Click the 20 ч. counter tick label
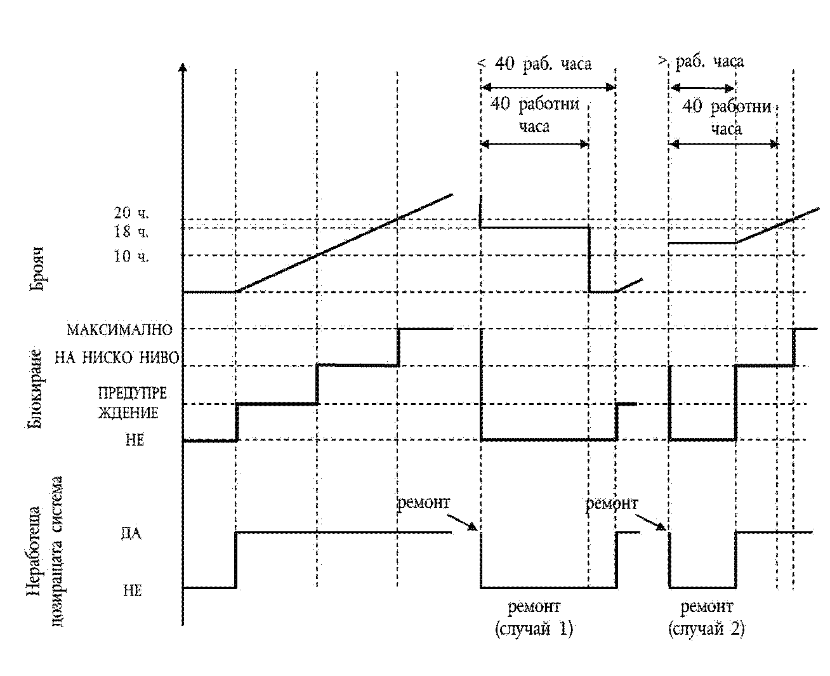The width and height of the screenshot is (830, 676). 131,213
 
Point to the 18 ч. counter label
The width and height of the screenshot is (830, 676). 131,232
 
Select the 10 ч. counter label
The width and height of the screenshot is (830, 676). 131,256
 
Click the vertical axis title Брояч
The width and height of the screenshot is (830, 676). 36,269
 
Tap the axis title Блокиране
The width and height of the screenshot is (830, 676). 34,388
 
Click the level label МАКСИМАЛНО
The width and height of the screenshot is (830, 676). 120,330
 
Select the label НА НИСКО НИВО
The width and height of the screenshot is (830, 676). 117,357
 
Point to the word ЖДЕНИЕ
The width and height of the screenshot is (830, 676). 128,413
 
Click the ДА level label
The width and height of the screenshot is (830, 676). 131,533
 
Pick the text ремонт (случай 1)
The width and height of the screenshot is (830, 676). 534,618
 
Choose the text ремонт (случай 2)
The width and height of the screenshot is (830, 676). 706,618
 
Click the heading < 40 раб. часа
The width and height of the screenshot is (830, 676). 535,63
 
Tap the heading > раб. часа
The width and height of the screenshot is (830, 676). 701,62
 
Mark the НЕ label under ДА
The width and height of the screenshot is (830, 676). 133,590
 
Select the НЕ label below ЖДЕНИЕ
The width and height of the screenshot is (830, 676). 135,440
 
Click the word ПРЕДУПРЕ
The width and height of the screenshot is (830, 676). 133,393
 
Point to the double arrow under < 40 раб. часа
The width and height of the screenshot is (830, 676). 548,88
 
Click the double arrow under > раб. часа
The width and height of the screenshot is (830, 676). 702,88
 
